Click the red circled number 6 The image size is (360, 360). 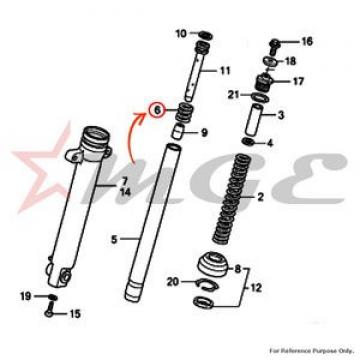coord(157,109)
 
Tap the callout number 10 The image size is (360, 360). coord(181,34)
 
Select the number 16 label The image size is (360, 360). coord(307,42)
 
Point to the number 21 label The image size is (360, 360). coord(234,95)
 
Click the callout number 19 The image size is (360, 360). coord(26,296)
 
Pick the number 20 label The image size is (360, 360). coord(173,282)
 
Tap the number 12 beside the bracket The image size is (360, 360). coord(256,287)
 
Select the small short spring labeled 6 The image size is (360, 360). coord(182,113)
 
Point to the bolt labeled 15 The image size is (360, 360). coord(49,309)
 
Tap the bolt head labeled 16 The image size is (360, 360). coord(273,45)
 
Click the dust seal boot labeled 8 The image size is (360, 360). coord(213,262)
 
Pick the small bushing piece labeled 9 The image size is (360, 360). coord(178,131)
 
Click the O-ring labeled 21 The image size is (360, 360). coord(260,97)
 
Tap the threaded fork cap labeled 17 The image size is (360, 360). coord(264,82)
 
